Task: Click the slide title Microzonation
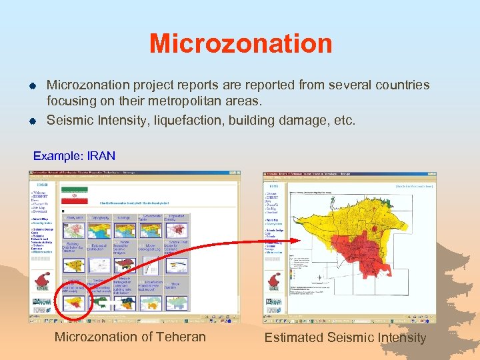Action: click(241, 44)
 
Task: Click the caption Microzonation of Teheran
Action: click(130, 337)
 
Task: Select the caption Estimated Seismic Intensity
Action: click(345, 337)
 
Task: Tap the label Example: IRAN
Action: click(74, 156)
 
